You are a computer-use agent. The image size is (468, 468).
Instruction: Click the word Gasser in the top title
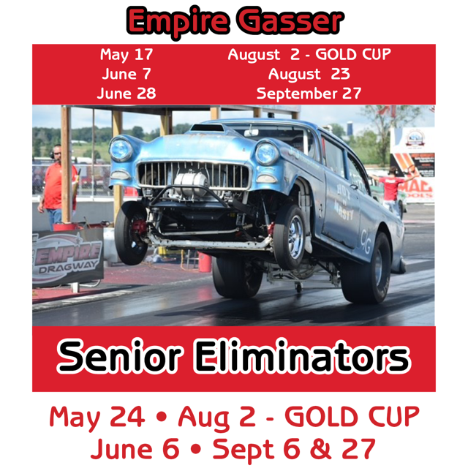pyautogui.click(x=290, y=21)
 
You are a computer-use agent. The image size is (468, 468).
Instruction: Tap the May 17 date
pyautogui.click(x=127, y=55)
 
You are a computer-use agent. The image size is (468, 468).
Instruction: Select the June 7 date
pyautogui.click(x=127, y=74)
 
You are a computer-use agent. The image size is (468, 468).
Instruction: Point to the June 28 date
pyautogui.click(x=127, y=93)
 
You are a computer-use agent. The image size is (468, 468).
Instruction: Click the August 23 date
pyautogui.click(x=309, y=75)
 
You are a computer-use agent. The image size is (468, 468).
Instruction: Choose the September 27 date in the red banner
pyautogui.click(x=309, y=94)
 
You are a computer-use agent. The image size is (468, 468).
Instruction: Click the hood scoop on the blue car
pyautogui.click(x=207, y=128)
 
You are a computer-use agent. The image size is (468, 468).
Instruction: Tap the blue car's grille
pyautogui.click(x=193, y=175)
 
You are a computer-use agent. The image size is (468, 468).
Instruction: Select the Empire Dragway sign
pyautogui.click(x=67, y=257)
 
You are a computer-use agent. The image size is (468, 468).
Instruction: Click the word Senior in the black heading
pyautogui.click(x=119, y=356)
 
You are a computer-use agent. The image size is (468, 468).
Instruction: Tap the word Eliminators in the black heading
pyautogui.click(x=302, y=356)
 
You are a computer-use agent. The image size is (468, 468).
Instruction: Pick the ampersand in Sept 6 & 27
pyautogui.click(x=322, y=449)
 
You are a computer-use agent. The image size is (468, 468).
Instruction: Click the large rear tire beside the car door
pyautogui.click(x=366, y=268)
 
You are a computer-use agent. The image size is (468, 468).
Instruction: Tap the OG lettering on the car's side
pyautogui.click(x=366, y=241)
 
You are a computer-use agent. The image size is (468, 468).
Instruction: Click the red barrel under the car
pyautogui.click(x=205, y=262)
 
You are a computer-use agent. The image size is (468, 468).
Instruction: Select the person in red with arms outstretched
pyautogui.click(x=392, y=188)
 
